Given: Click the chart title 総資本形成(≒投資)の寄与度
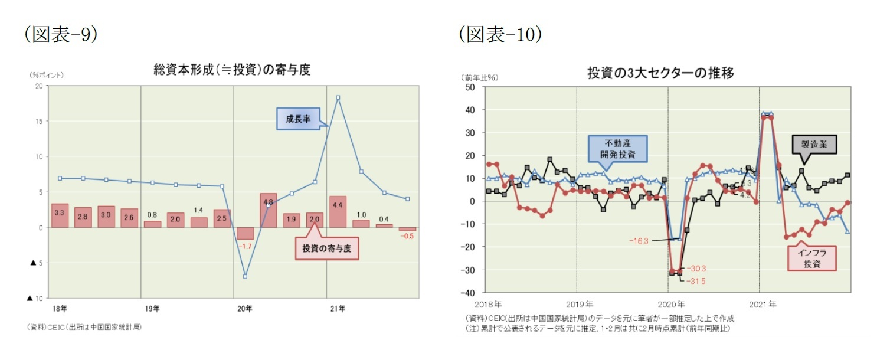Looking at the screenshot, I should (x=231, y=70).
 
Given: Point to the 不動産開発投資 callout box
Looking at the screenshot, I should (x=617, y=149).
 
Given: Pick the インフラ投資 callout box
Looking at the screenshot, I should (x=812, y=258).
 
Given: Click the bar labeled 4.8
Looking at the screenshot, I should (x=268, y=210).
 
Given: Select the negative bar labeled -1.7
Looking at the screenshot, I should (x=246, y=233).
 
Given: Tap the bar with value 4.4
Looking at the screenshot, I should (x=338, y=212).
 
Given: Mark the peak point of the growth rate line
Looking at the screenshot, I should (x=338, y=97).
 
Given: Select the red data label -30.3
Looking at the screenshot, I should (x=696, y=269).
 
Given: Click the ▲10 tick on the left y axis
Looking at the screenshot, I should (x=36, y=299).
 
